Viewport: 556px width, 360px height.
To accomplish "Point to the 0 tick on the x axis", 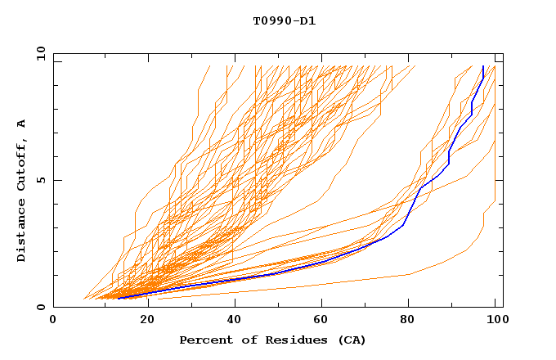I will [x=54, y=320].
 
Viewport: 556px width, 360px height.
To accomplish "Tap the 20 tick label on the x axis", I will [x=142, y=320].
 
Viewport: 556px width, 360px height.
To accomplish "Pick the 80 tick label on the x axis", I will [x=407, y=320].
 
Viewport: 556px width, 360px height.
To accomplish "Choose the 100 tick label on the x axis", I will [x=495, y=320].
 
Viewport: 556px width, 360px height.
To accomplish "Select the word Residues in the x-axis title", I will [x=285, y=340].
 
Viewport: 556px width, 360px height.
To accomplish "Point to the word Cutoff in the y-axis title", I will [x=22, y=163].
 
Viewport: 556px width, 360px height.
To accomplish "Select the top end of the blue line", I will [x=483, y=66].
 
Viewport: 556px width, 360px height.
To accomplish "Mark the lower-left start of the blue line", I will [x=119, y=298].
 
